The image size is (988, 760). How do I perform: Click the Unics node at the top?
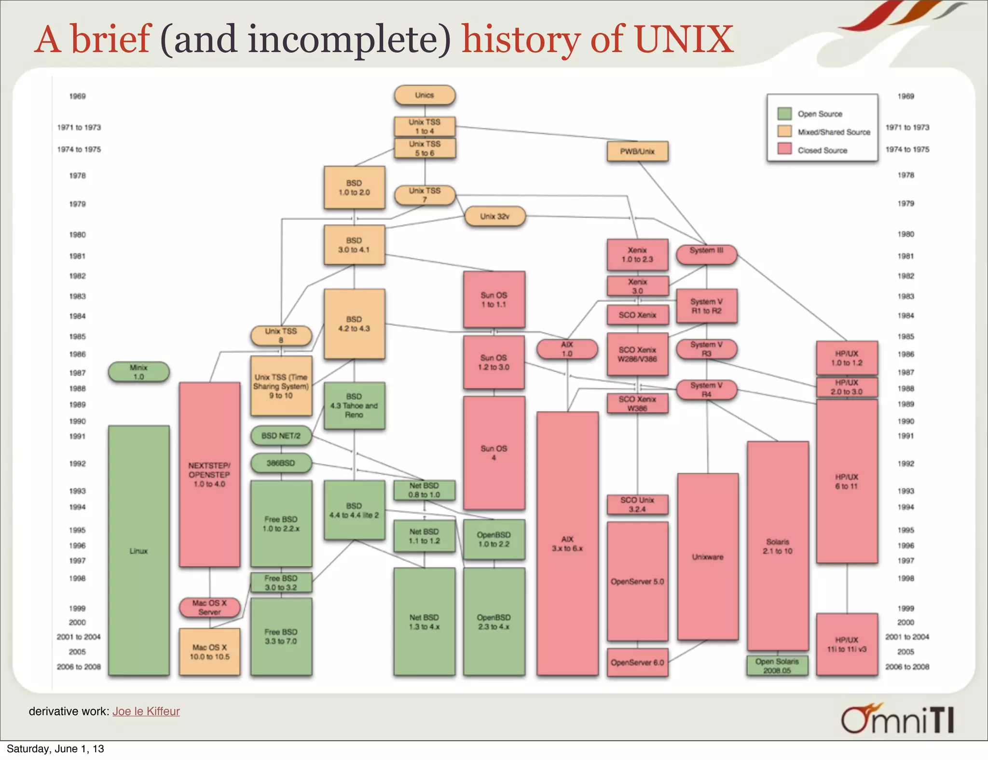[x=425, y=95]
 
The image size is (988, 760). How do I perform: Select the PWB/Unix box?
[x=637, y=151]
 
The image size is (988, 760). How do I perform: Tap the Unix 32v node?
[x=495, y=217]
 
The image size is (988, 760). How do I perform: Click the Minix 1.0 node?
[x=138, y=372]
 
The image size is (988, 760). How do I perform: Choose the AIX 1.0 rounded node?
[x=567, y=349]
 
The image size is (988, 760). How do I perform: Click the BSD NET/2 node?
[x=281, y=436]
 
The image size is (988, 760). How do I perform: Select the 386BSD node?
[x=281, y=463]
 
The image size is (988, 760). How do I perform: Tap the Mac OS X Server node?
[x=209, y=608]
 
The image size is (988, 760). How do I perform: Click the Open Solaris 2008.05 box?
[x=777, y=666]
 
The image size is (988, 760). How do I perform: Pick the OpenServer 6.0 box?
[x=637, y=663]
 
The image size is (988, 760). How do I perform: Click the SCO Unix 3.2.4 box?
[x=637, y=504]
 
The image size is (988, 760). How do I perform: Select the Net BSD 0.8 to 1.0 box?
[x=425, y=490]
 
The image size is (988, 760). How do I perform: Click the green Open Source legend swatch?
[x=785, y=114]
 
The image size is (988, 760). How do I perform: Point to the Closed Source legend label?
[x=823, y=150]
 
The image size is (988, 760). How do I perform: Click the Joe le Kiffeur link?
[x=146, y=711]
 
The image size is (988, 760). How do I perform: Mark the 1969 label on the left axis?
[x=77, y=96]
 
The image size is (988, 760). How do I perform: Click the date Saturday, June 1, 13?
[x=55, y=749]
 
